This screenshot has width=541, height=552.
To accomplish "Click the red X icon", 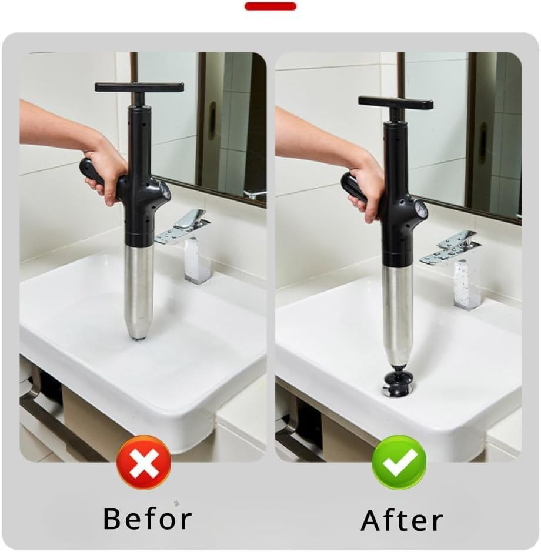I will [144, 463].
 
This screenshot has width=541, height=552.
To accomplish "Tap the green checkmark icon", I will [399, 463].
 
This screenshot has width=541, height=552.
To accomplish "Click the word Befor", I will [147, 518].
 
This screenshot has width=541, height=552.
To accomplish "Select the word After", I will [402, 520].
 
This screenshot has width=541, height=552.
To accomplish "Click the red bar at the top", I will [270, 6].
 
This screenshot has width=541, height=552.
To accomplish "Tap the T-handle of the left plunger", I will [139, 87].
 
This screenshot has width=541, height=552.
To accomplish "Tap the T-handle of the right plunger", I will [396, 103].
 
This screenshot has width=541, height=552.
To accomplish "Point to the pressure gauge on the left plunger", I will [164, 191].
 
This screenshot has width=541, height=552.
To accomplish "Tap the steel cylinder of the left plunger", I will [139, 288].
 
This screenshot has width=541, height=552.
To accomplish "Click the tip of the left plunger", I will [139, 336].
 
